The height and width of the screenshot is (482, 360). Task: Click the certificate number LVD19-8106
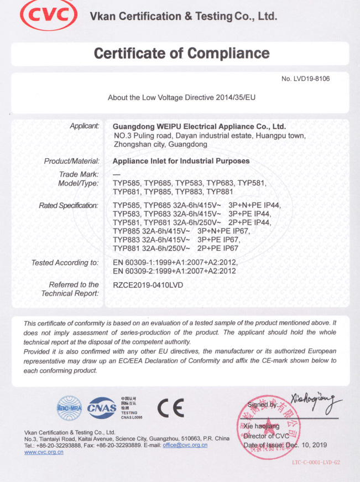coord(306,79)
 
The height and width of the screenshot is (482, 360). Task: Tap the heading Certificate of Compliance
coord(181,53)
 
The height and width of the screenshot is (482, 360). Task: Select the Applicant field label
coord(84,126)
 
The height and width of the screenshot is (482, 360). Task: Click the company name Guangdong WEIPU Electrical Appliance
coord(199,126)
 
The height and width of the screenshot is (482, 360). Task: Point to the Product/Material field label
coord(71,161)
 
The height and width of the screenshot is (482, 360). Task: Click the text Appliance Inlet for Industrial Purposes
coord(181,161)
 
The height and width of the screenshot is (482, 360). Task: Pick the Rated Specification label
coord(69,206)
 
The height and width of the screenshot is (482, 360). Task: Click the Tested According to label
coord(65,262)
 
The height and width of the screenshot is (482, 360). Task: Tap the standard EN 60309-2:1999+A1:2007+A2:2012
coord(174,271)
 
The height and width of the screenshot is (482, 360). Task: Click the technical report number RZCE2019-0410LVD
coord(148,285)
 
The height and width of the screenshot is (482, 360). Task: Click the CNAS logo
coord(102,408)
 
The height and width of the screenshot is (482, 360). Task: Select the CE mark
coord(171,408)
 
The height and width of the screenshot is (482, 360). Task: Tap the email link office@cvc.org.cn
coord(185,445)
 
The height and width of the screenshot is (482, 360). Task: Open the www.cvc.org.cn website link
coord(44,452)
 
